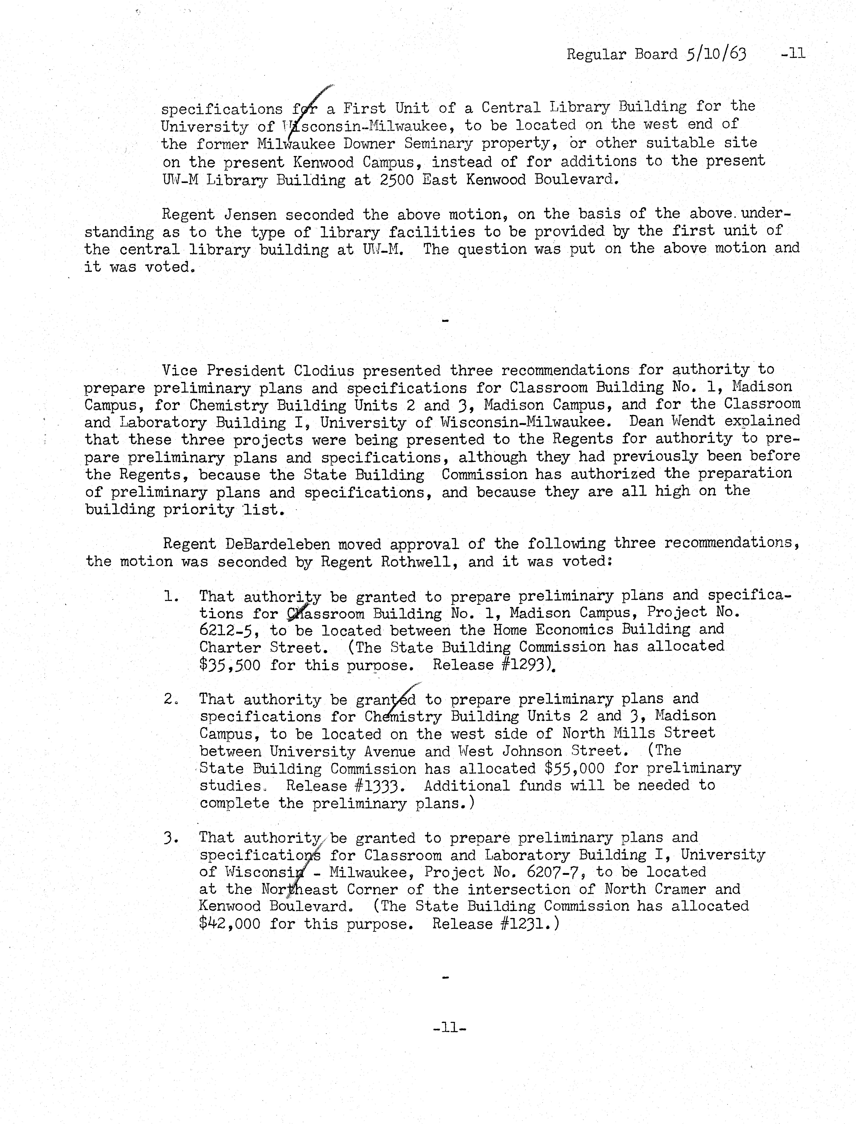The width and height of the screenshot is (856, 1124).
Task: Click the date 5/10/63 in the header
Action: click(715, 54)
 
